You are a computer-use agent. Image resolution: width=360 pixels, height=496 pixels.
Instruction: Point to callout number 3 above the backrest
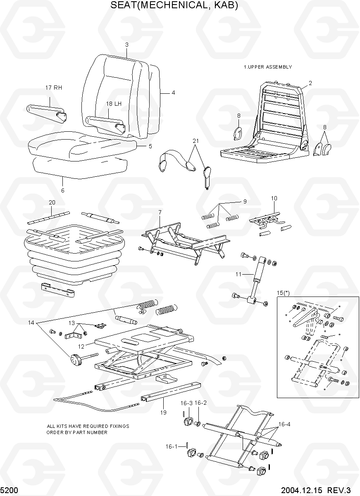(x=127, y=45)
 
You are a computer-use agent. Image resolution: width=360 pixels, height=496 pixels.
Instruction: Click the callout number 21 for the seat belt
(x=195, y=141)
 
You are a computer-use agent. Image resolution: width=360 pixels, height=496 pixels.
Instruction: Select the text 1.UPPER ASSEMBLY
(x=268, y=67)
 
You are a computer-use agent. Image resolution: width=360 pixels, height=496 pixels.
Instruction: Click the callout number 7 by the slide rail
(x=159, y=212)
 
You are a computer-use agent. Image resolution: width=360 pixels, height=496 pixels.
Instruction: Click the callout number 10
(x=274, y=198)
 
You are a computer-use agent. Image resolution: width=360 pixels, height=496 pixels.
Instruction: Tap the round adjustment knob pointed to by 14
(x=75, y=360)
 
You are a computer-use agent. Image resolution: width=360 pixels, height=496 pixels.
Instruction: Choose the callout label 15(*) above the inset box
(x=283, y=293)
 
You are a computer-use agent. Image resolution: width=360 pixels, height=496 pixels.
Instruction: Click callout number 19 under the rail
(x=163, y=412)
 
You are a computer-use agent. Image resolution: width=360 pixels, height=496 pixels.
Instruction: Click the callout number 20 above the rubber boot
(x=52, y=202)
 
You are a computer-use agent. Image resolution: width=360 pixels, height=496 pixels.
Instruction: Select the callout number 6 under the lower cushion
(x=63, y=190)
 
